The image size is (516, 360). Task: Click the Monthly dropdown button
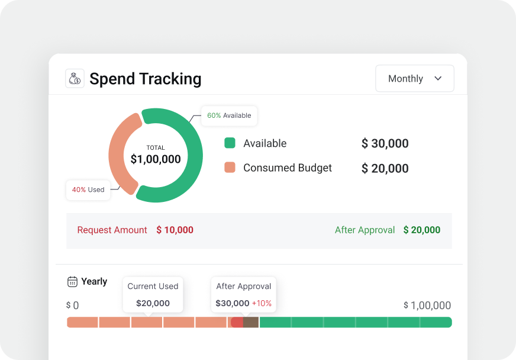(414, 79)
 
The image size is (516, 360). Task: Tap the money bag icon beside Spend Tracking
(75, 79)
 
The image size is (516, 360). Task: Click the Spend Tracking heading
(145, 79)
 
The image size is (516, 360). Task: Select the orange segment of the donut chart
(118, 155)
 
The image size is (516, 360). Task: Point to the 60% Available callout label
(229, 115)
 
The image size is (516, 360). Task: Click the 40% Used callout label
(88, 190)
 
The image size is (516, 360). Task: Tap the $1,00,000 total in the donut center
(156, 159)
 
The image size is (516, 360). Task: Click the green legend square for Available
(230, 143)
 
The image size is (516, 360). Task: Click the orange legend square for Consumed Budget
(230, 168)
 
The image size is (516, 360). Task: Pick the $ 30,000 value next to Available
(385, 143)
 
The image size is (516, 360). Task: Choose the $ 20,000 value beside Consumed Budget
(385, 168)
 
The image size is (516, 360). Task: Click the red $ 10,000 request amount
(175, 230)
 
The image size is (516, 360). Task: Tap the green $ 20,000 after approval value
(421, 230)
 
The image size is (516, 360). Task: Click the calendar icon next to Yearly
(72, 282)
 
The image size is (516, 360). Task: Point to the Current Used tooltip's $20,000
(153, 303)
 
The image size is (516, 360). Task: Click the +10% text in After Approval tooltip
(262, 303)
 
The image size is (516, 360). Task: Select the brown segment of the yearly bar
(251, 322)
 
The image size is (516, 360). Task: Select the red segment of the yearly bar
(237, 322)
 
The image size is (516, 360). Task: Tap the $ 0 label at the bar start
(72, 306)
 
